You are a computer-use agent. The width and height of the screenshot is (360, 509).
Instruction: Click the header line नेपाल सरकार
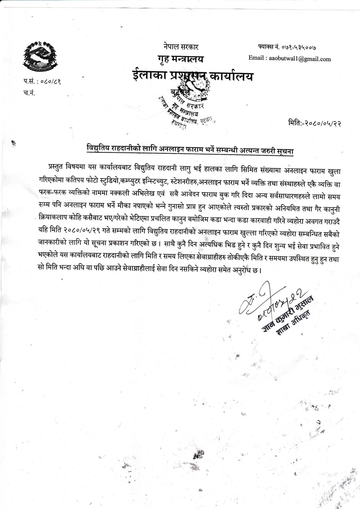coord(180,47)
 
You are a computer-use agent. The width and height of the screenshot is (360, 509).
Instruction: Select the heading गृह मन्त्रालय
coord(180,59)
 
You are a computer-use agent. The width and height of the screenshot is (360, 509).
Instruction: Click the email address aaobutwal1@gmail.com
coord(300,59)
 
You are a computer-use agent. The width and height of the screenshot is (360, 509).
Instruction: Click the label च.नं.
coord(29,92)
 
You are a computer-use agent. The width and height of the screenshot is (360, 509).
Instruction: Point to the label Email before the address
coord(256,59)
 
